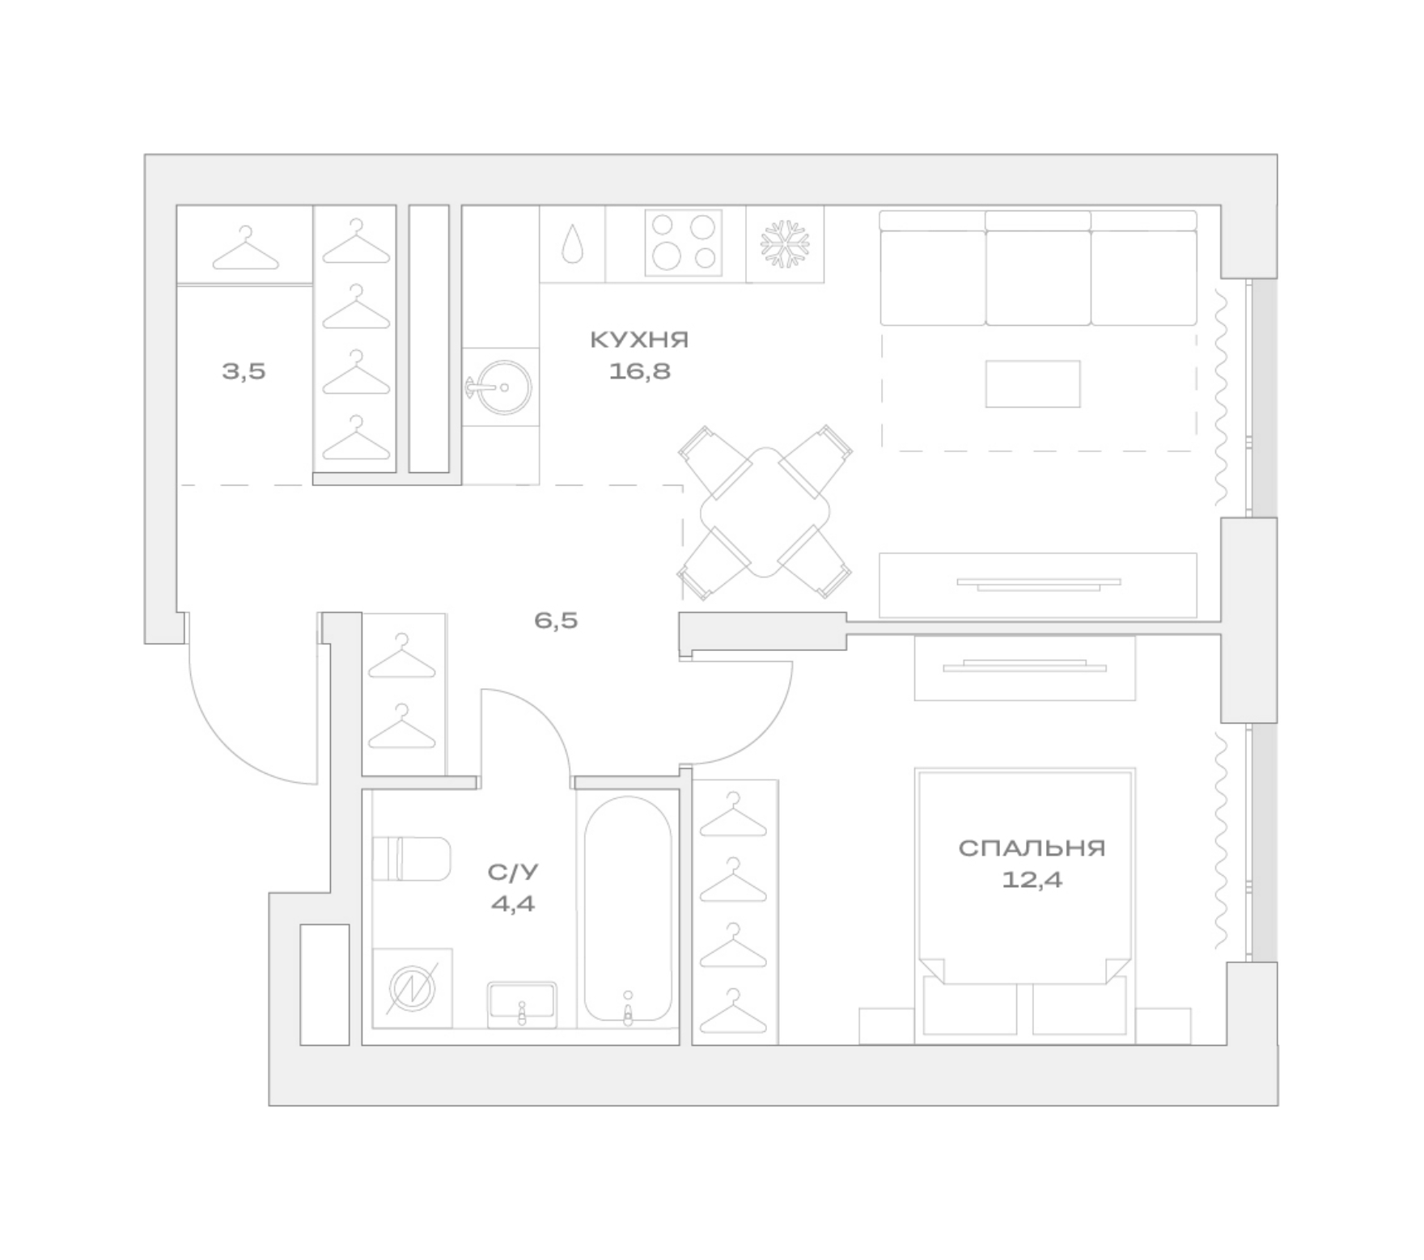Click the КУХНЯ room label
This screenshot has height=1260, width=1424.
639,340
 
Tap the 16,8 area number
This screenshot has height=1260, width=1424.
640,371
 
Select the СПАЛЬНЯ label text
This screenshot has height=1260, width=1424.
1032,848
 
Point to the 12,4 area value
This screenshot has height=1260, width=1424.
1032,879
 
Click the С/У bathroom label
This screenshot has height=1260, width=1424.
513,872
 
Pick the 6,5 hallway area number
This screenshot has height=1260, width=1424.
556,621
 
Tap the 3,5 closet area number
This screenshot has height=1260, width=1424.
244,372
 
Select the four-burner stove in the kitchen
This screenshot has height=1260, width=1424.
684,243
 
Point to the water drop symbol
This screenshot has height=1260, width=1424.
573,243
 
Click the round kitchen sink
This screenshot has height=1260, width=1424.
501,387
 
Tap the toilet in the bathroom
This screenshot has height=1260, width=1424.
411,859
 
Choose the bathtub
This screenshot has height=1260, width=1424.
628,909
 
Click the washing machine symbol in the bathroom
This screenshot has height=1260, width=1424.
412,988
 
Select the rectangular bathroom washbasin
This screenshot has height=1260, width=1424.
522,1004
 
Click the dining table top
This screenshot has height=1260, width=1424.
765,512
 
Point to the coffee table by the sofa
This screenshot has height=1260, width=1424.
1032,384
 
